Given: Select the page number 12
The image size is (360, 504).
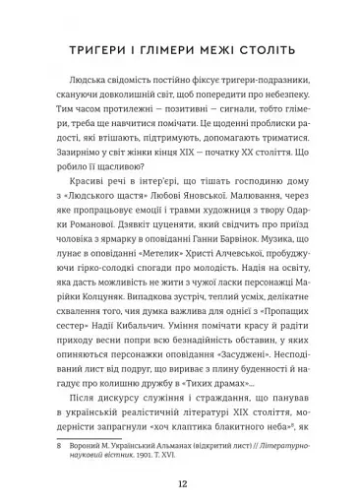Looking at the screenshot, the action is coord(181,458).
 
